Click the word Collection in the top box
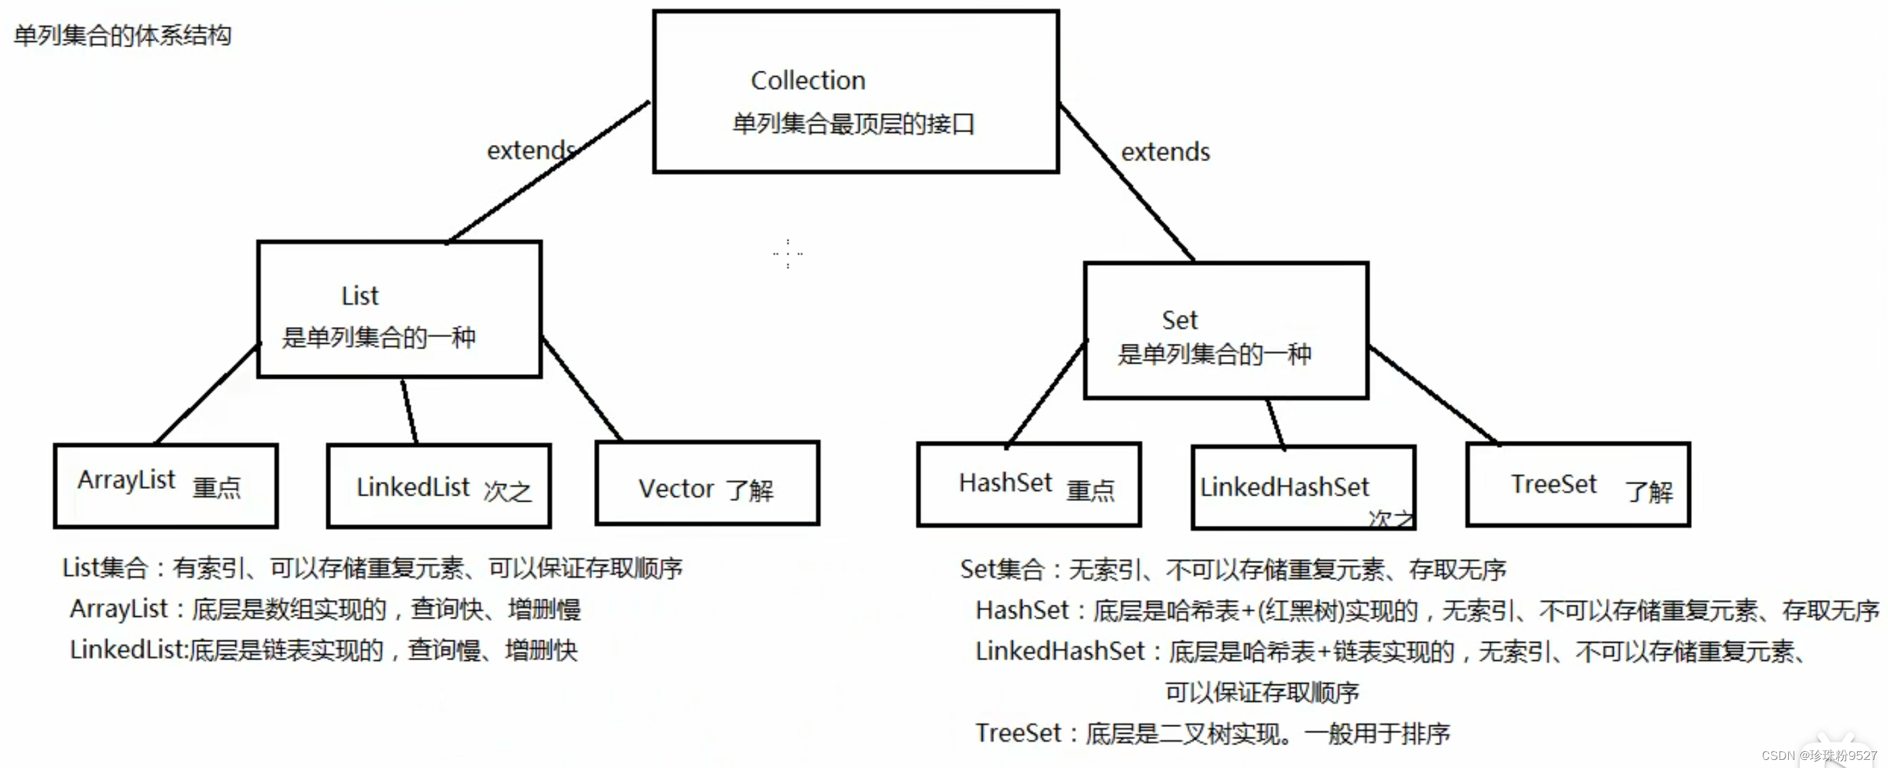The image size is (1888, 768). pyautogui.click(x=808, y=81)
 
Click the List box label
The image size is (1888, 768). pyautogui.click(x=360, y=296)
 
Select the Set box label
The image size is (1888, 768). pyautogui.click(x=1179, y=320)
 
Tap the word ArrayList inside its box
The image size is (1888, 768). pyautogui.click(x=126, y=481)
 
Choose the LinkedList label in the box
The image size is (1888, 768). pyautogui.click(x=413, y=488)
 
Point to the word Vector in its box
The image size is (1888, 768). pyautogui.click(x=676, y=489)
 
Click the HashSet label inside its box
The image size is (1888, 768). pyautogui.click(x=1005, y=483)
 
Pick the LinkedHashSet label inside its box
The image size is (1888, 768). pyautogui.click(x=1284, y=488)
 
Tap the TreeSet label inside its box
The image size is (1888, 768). pyautogui.click(x=1553, y=484)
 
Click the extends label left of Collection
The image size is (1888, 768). pyautogui.click(x=531, y=151)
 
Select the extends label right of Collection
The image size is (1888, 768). pyautogui.click(x=1165, y=152)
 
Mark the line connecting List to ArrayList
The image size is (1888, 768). pyautogui.click(x=208, y=394)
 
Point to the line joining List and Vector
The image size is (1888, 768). pyautogui.click(x=582, y=389)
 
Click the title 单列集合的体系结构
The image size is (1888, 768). pyautogui.click(x=123, y=35)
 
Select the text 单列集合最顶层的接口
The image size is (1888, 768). pyautogui.click(x=853, y=124)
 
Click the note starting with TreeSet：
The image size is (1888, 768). pyautogui.click(x=1212, y=734)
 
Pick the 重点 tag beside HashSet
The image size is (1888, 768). pyautogui.click(x=1090, y=490)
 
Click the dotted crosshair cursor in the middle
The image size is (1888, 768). pyautogui.click(x=788, y=254)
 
